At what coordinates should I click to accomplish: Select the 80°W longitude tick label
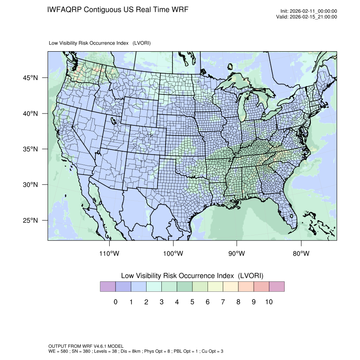coord(301,254)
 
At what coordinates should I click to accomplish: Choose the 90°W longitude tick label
coord(237,254)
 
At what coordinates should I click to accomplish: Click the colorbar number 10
coord(269,302)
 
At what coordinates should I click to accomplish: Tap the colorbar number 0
coord(115,302)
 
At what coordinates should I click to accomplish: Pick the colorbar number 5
coord(192,302)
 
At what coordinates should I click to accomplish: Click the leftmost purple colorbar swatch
coord(108,287)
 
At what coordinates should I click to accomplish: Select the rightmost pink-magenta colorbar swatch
coord(277,287)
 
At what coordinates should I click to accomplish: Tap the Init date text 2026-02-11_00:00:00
coord(313,11)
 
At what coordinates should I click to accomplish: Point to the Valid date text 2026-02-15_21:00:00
coord(313,17)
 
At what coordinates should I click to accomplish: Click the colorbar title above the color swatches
coord(192,275)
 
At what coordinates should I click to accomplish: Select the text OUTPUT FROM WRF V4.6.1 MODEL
coord(86,346)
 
